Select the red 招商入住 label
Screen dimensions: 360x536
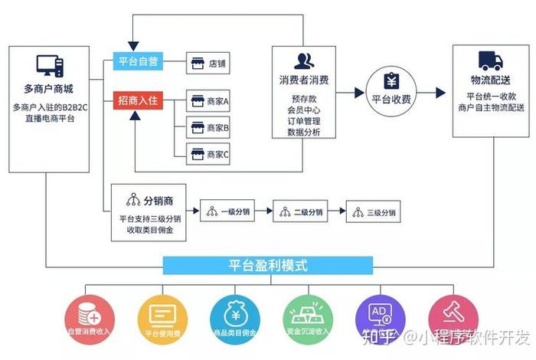point(138,100)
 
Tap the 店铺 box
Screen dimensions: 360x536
point(209,64)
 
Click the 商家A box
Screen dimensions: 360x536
point(209,101)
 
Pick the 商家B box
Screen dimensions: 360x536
point(209,127)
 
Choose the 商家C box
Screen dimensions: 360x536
point(209,154)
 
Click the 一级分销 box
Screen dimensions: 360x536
point(226,211)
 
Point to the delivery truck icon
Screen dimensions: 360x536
point(490,61)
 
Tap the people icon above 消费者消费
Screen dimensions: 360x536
point(304,61)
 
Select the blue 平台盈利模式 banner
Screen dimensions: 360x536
point(268,266)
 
